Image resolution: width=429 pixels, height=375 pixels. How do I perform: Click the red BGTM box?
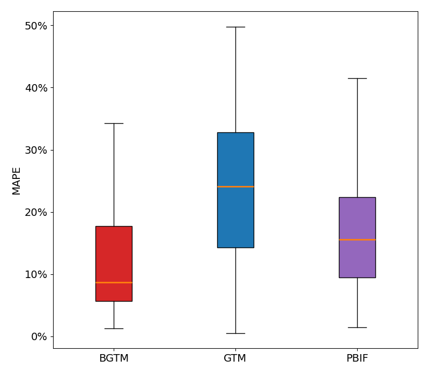click(x=114, y=257)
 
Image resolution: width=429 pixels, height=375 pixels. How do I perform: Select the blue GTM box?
click(x=235, y=161)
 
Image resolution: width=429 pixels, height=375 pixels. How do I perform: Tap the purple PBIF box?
click(x=357, y=220)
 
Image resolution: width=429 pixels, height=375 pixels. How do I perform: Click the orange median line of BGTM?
click(x=114, y=282)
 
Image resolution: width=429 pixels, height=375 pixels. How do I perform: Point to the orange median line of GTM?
click(x=235, y=186)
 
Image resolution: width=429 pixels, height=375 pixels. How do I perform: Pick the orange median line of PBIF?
click(x=357, y=239)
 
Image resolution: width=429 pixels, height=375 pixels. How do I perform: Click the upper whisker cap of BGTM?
click(x=114, y=123)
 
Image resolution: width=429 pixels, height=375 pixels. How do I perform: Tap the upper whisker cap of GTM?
click(x=235, y=27)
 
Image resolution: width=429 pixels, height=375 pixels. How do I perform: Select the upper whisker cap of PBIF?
click(x=357, y=78)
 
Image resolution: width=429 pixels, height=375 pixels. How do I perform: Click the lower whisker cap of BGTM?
click(x=114, y=328)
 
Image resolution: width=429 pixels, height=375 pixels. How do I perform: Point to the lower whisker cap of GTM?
click(x=235, y=333)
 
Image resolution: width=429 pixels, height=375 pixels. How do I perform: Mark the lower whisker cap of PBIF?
click(x=357, y=327)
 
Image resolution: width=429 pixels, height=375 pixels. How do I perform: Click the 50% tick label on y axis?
click(x=36, y=26)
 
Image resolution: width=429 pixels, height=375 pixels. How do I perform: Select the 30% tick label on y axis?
click(x=36, y=150)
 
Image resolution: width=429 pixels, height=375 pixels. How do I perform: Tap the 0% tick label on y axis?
click(x=39, y=336)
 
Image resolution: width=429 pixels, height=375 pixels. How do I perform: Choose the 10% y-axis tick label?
click(x=36, y=274)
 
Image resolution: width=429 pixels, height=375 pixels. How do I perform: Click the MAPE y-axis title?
click(x=17, y=181)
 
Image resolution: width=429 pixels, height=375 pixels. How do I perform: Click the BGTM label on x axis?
click(x=114, y=358)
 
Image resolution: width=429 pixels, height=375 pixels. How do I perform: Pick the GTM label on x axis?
click(x=235, y=358)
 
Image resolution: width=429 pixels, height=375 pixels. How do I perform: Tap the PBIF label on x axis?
click(x=357, y=358)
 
